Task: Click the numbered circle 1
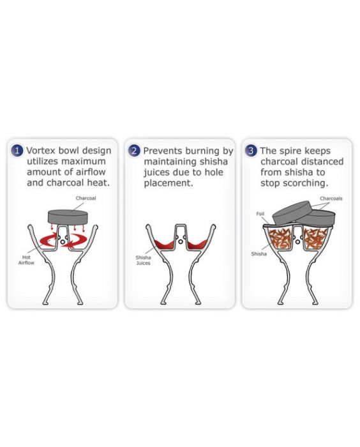pyautogui.click(x=17, y=151)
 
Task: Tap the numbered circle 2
pyautogui.click(x=133, y=151)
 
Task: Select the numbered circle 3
pyautogui.click(x=251, y=151)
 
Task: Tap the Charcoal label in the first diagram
pyautogui.click(x=86, y=198)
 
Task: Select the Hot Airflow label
pyautogui.click(x=26, y=260)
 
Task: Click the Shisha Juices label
pyautogui.click(x=143, y=261)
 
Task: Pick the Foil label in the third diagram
pyautogui.click(x=260, y=213)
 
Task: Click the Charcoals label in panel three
pyautogui.click(x=331, y=199)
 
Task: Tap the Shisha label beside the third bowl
pyautogui.click(x=259, y=254)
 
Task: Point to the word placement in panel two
pyautogui.click(x=169, y=183)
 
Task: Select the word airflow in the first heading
pyautogui.click(x=91, y=172)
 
